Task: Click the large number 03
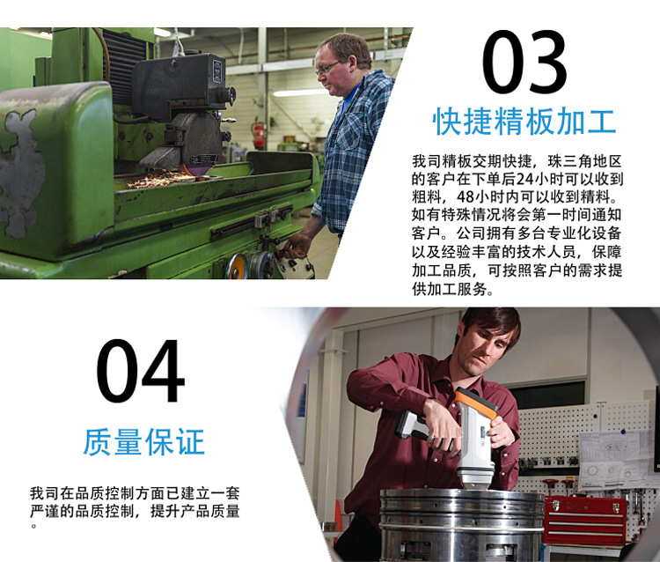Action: [524, 62]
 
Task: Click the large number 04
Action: [141, 371]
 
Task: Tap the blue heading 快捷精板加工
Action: [524, 122]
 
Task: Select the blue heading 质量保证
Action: [144, 442]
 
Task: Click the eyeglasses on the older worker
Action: [327, 68]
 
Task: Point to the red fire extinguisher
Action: [259, 135]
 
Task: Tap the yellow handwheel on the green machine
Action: [237, 266]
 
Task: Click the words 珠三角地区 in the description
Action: [584, 161]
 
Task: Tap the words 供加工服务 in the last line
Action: [449, 289]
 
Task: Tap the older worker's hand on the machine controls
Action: [296, 246]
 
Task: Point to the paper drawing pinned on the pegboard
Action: [612, 459]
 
